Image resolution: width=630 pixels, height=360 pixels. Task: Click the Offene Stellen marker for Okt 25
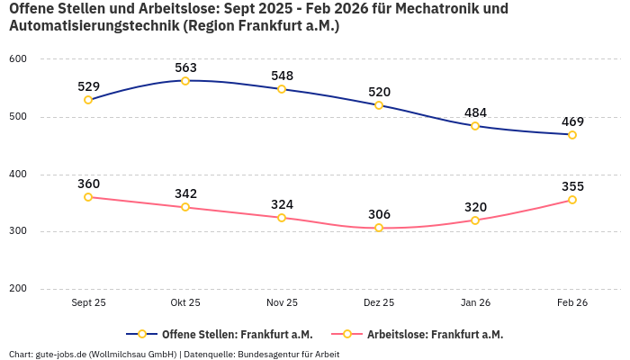tap(185, 81)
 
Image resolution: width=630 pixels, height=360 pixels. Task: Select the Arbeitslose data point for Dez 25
tap(379, 228)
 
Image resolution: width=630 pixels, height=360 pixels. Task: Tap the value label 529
tap(88, 86)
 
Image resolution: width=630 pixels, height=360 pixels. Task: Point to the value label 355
tap(572, 186)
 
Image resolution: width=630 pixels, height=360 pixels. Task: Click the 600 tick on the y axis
tap(18, 58)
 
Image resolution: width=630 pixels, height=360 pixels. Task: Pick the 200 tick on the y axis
tap(18, 289)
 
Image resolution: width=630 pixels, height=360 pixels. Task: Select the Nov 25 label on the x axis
tap(282, 303)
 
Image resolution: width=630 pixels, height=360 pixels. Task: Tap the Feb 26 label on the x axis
tap(572, 303)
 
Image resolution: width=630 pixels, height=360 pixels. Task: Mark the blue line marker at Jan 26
tap(475, 126)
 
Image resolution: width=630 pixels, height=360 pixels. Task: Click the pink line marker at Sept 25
tap(88, 197)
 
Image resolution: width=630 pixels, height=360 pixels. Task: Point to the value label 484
tap(475, 112)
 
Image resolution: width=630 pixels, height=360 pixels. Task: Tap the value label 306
tap(379, 214)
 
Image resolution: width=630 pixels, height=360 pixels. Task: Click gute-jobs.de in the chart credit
tap(60, 354)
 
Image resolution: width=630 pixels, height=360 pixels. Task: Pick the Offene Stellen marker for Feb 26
tap(572, 135)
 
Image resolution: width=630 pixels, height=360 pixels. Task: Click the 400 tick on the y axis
tap(18, 174)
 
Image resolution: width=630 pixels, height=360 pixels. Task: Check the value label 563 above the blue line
tap(185, 67)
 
